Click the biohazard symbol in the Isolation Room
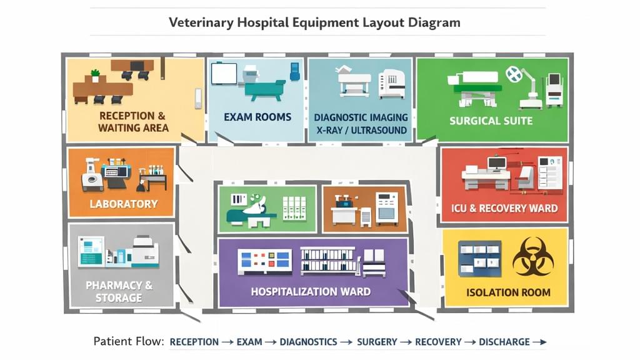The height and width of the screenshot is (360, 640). (532, 256)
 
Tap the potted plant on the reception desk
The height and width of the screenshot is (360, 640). (95, 75)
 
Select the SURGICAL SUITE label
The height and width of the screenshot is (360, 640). (491, 121)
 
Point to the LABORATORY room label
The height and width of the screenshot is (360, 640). (124, 204)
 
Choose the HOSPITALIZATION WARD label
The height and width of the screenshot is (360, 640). (311, 292)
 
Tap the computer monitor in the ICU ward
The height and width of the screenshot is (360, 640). (497, 164)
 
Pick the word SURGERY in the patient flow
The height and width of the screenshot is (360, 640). (377, 342)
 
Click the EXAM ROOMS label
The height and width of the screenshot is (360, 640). (257, 117)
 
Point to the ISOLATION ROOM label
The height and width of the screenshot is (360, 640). (508, 292)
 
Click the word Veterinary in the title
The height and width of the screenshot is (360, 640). (202, 23)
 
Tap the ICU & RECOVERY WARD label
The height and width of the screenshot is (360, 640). (504, 208)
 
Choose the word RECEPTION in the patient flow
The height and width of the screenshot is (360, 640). (194, 342)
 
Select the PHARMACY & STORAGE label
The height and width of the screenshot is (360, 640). (119, 291)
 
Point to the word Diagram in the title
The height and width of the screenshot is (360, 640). (436, 23)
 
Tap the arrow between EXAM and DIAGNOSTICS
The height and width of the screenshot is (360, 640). (270, 342)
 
